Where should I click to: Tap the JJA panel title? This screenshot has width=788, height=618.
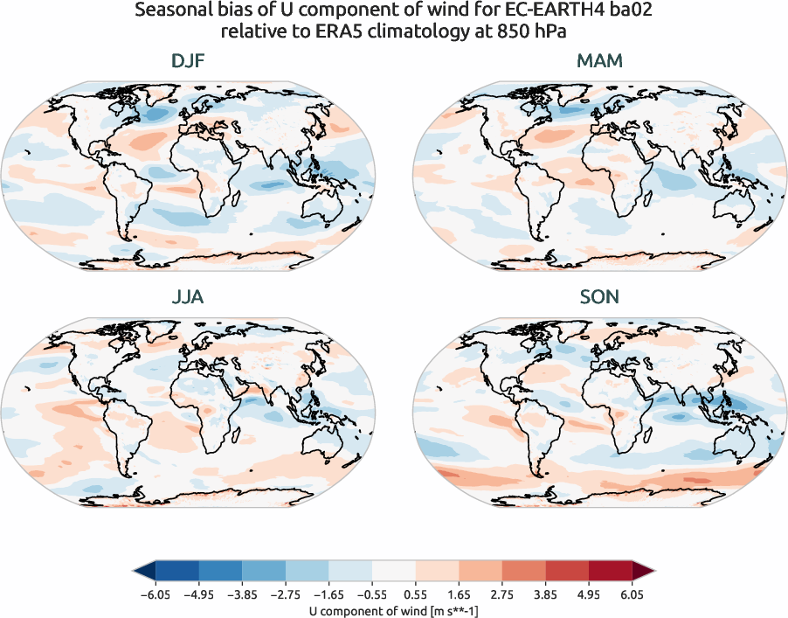[188, 297]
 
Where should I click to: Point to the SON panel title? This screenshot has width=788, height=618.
[599, 297]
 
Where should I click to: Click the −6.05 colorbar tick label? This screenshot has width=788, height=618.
[156, 595]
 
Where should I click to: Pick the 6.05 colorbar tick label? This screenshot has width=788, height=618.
[632, 595]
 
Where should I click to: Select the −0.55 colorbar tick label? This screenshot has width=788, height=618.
[372, 595]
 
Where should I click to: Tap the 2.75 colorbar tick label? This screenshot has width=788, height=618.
[502, 595]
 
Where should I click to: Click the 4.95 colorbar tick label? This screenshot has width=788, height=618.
[589, 595]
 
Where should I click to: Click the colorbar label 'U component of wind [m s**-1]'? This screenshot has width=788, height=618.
[394, 611]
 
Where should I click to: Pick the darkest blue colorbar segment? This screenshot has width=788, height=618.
[177, 572]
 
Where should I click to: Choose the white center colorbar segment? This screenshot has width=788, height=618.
[394, 572]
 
